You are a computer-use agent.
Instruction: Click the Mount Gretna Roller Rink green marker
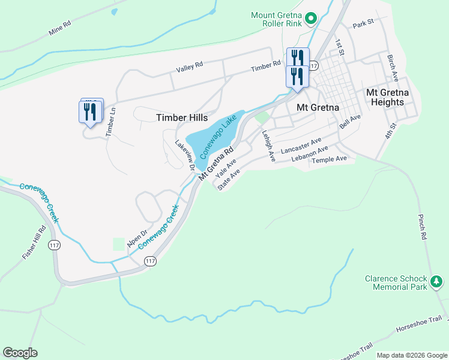pos(311,19)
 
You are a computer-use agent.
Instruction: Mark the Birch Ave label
pos(393,68)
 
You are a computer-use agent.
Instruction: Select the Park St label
pos(363,25)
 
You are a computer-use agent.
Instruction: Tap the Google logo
pos(20,353)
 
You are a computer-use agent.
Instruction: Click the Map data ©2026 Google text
pos(411,355)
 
